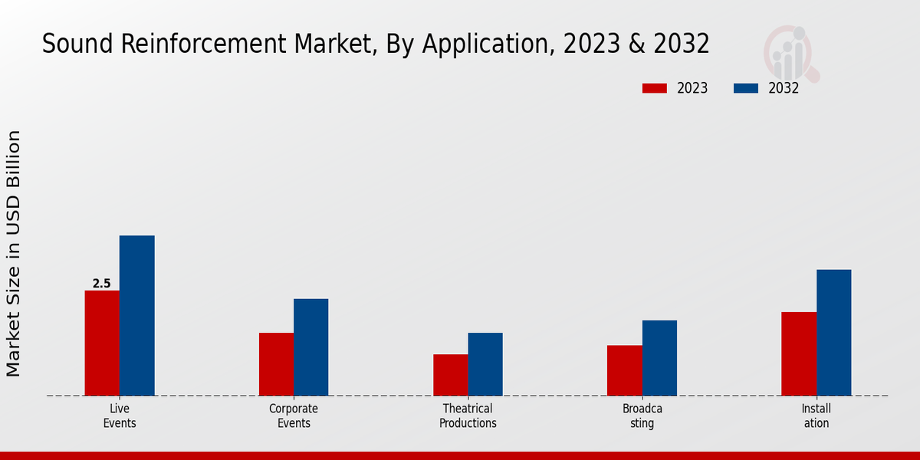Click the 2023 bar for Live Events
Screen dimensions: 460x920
[102, 343]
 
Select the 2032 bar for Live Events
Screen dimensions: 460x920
[136, 315]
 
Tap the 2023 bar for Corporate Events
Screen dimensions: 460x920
[276, 364]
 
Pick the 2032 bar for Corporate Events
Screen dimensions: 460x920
[310, 347]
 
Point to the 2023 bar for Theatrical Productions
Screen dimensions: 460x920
[450, 375]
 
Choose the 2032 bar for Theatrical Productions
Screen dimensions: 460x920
[485, 364]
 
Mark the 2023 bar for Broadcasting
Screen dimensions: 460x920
[624, 370]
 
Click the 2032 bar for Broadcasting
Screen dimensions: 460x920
[659, 358]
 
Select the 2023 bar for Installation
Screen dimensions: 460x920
[799, 353]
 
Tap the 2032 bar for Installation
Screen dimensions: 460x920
[833, 333]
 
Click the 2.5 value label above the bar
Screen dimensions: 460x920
[101, 284]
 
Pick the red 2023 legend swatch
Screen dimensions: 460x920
[654, 88]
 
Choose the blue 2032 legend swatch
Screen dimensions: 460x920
[745, 88]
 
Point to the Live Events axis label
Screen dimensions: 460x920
[120, 416]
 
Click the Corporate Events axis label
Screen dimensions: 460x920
[294, 416]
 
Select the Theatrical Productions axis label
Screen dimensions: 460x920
[468, 416]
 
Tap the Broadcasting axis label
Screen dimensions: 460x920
[642, 416]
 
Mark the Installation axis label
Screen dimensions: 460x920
[816, 416]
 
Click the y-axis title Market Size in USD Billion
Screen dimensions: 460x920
[14, 253]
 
